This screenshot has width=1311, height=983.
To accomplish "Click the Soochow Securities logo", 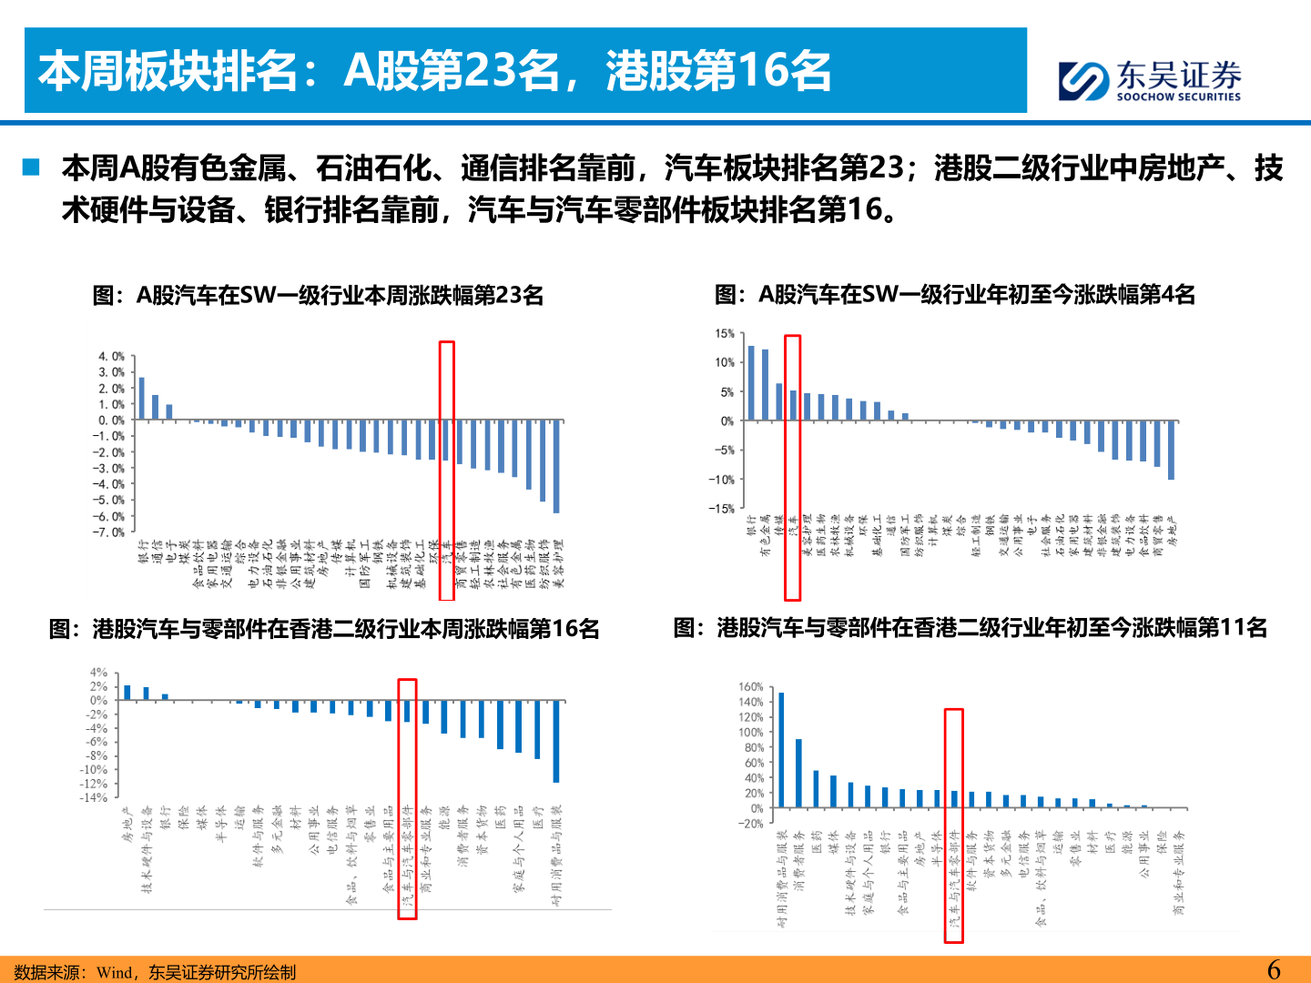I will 1149,80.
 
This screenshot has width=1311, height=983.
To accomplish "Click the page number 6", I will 1274,969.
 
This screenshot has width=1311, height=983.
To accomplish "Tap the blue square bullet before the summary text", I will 32,167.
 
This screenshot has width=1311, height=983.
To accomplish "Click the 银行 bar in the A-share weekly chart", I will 141,398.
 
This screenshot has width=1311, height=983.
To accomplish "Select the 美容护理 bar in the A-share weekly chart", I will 556,466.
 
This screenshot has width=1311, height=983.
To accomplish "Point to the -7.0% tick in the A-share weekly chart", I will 111,532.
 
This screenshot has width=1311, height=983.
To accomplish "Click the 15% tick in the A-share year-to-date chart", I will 725,334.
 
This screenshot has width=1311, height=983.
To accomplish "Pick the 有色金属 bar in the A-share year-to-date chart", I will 765,385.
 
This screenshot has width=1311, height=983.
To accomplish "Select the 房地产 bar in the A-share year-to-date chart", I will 1171,450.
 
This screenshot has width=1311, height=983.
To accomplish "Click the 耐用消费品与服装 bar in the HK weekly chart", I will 556,741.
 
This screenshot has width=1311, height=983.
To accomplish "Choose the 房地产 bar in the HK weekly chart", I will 127,693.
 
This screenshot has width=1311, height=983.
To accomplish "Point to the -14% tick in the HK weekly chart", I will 94,797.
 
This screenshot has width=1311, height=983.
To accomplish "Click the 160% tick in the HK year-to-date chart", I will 751,687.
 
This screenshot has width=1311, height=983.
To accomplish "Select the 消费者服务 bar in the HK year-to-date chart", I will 798,773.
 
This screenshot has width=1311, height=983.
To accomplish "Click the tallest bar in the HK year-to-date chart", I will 781,750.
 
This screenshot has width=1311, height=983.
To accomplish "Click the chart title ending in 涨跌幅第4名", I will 955,295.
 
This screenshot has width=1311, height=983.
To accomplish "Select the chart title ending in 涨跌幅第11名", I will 971,628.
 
